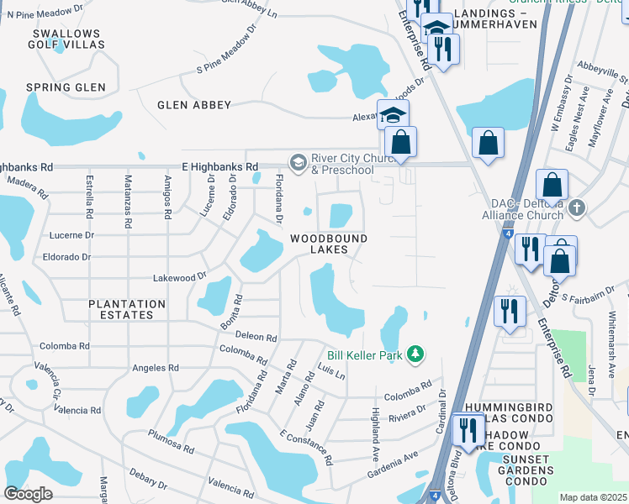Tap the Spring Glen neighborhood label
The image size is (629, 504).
pyautogui.click(x=66, y=87)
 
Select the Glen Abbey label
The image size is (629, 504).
pyautogui.click(x=194, y=105)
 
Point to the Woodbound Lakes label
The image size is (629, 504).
pyautogui.click(x=329, y=244)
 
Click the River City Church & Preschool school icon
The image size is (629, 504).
pyautogui.click(x=298, y=161)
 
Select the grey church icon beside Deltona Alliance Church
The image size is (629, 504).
pyautogui.click(x=576, y=207)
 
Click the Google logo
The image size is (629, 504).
pyautogui.click(x=28, y=493)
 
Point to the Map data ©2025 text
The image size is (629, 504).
pyautogui.click(x=594, y=497)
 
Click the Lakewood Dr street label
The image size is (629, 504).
pyautogui.click(x=179, y=276)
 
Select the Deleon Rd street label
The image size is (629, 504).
pyautogui.click(x=256, y=337)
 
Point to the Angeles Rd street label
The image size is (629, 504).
pyautogui.click(x=156, y=368)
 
